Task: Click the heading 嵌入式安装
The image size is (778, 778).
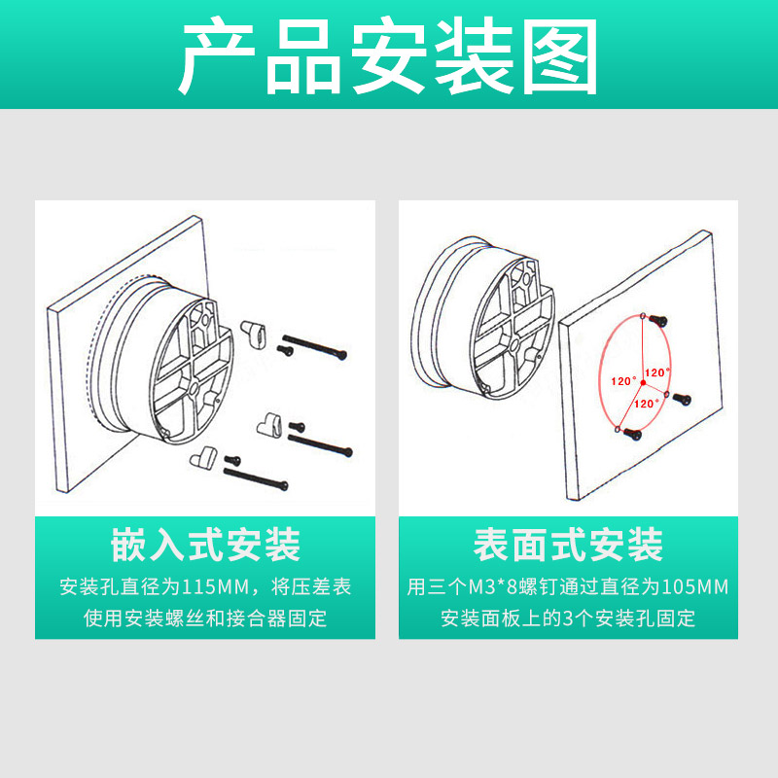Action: click(x=205, y=546)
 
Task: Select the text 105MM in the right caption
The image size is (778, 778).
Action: click(x=695, y=587)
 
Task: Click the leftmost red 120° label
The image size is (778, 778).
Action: click(x=622, y=381)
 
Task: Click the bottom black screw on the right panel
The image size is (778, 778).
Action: click(x=633, y=434)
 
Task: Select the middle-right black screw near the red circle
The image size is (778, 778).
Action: click(x=681, y=398)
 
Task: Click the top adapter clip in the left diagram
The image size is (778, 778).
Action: click(x=256, y=331)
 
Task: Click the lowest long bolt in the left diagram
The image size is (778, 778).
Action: click(x=258, y=477)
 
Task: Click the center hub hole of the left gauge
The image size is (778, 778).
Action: click(x=194, y=386)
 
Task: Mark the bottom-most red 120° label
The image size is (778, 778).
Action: click(x=646, y=403)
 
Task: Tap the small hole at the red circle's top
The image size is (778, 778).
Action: click(x=644, y=314)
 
